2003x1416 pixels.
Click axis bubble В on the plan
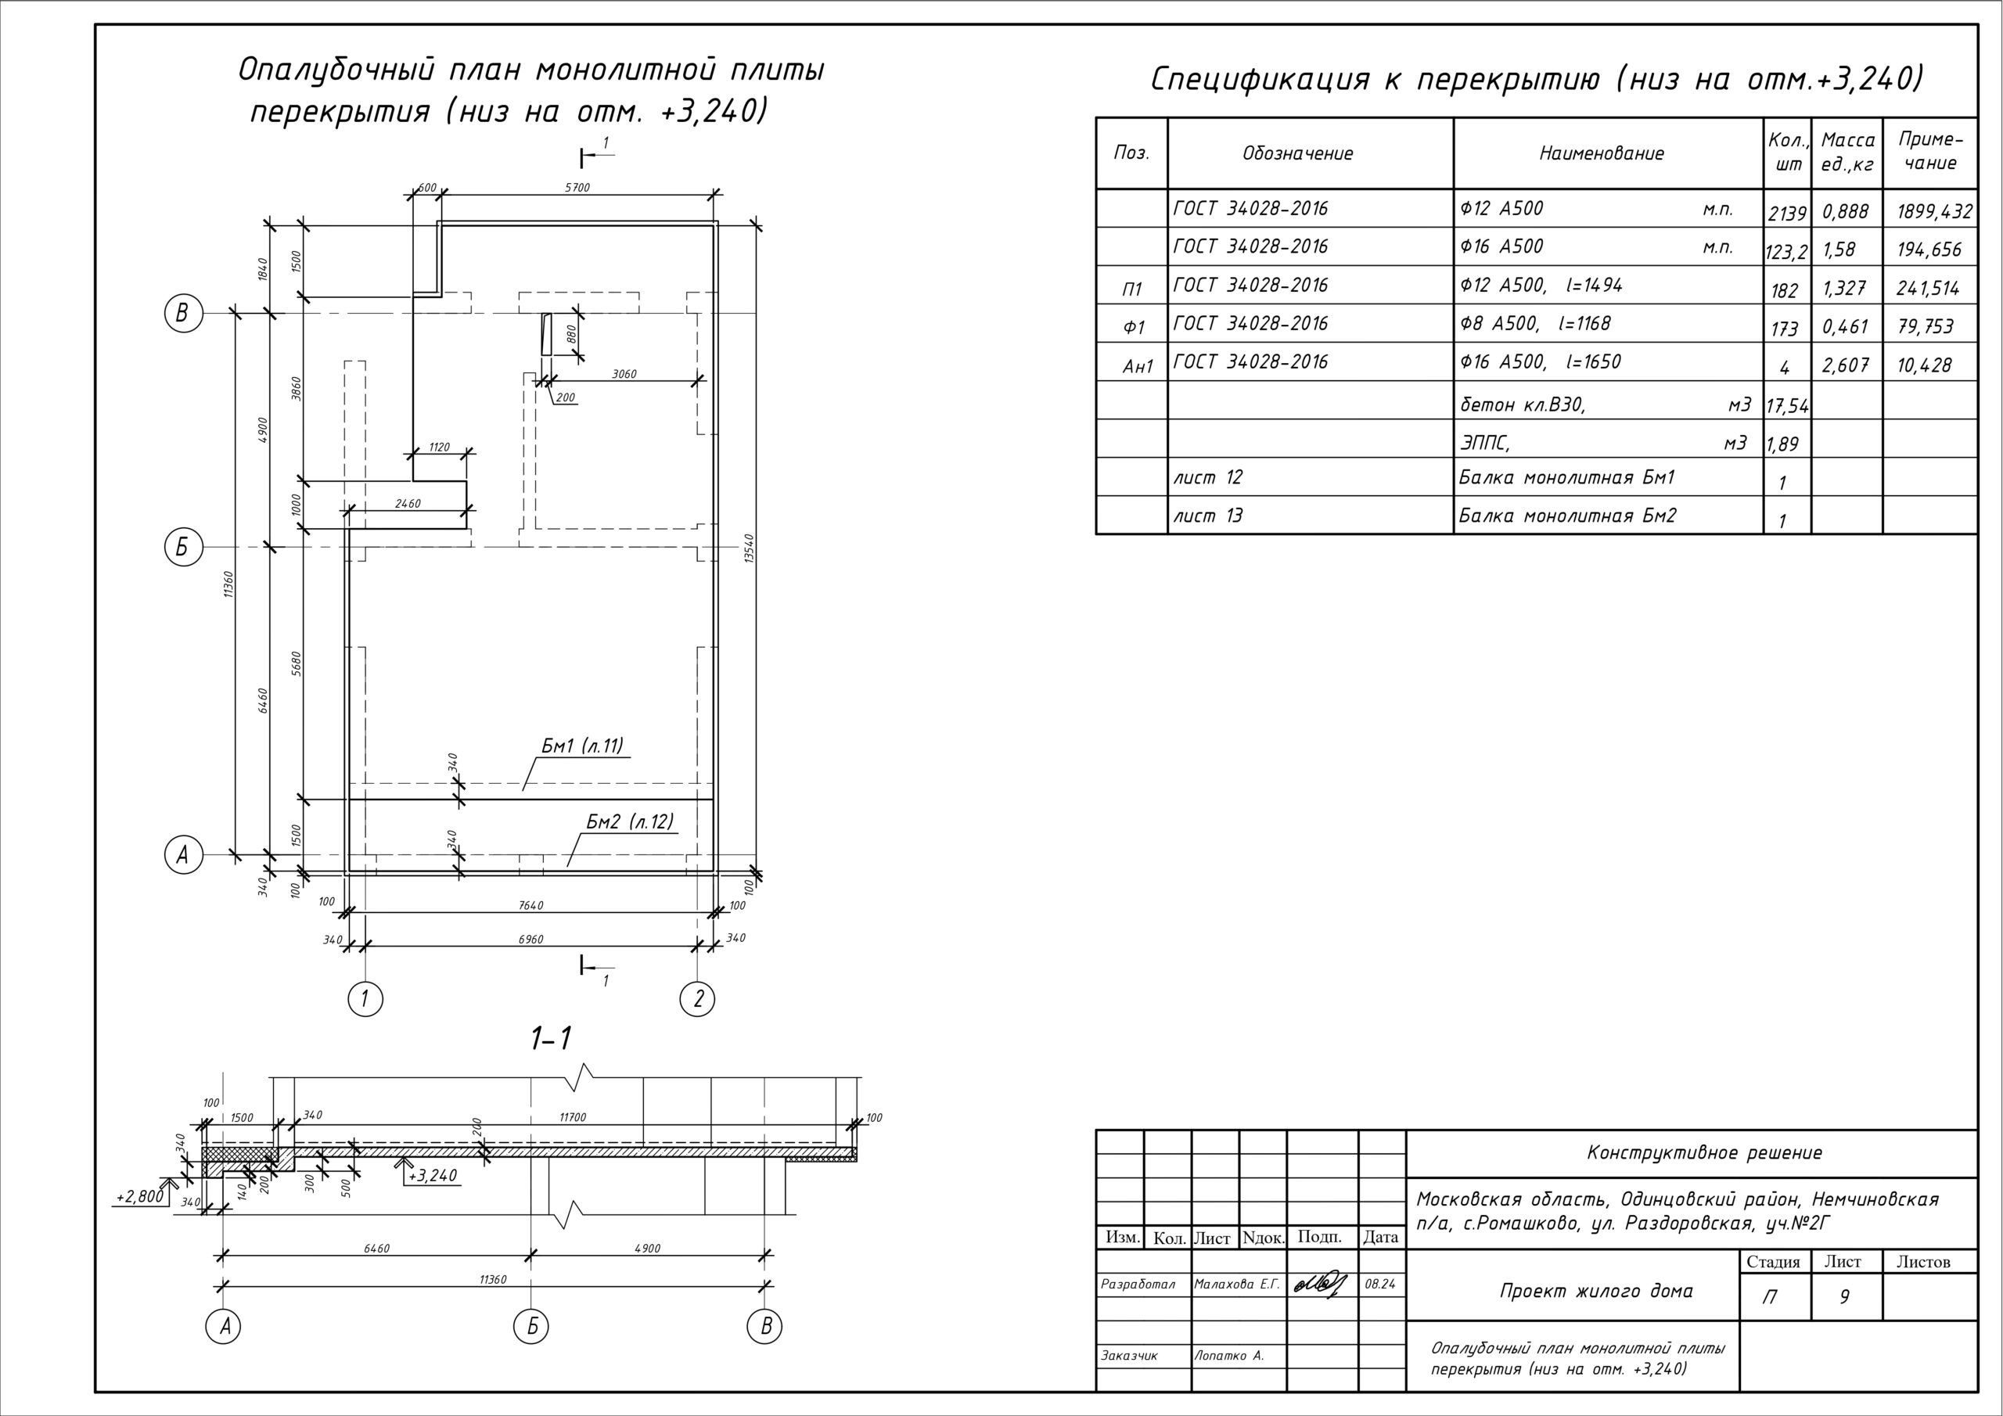(x=182, y=312)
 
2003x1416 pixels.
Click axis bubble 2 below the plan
(x=697, y=998)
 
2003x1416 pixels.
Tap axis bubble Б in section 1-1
(x=531, y=1326)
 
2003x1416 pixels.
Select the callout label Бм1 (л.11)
(x=582, y=746)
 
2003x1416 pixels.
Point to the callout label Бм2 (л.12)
(x=630, y=822)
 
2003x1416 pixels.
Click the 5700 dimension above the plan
(x=577, y=188)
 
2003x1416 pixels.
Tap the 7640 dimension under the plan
(x=530, y=906)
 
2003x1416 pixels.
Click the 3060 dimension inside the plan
(x=624, y=374)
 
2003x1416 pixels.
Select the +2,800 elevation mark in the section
(x=139, y=1196)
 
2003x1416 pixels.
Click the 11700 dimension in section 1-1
(x=572, y=1116)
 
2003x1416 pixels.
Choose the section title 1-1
(x=552, y=1039)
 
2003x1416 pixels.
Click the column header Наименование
(x=1602, y=153)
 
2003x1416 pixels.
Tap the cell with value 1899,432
(x=1934, y=211)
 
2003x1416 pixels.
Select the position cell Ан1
(x=1138, y=366)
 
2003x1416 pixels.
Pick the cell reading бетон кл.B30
(x=1522, y=404)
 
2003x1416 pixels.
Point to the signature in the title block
(x=1321, y=1285)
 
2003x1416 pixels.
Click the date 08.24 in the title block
(x=1380, y=1285)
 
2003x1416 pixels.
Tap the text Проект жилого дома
(x=1596, y=1290)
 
